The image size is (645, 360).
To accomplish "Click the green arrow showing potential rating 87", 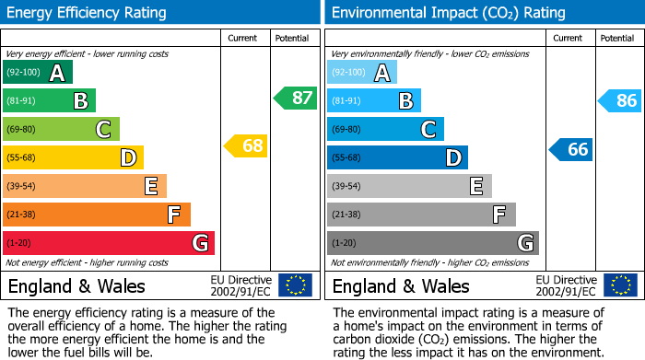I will [x=295, y=98].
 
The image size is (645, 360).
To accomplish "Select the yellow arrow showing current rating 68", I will [x=246, y=145].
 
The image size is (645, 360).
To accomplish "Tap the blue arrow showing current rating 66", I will [x=570, y=149].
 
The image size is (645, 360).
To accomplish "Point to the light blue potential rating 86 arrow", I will [x=619, y=101].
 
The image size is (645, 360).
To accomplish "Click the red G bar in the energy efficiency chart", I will [x=109, y=243].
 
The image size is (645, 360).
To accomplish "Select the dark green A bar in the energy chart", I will [x=37, y=73].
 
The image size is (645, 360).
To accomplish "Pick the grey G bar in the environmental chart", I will [x=432, y=243].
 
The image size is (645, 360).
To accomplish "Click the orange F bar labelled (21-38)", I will [x=97, y=215].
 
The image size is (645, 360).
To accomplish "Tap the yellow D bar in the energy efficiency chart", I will [x=73, y=157].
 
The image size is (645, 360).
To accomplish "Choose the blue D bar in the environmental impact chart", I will [x=397, y=157].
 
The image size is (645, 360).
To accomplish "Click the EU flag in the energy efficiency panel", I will [x=295, y=285].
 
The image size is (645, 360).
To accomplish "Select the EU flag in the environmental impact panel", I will [x=619, y=285].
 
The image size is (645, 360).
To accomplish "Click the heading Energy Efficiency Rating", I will [x=87, y=13].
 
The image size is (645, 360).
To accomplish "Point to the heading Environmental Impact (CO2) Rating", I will [x=448, y=13].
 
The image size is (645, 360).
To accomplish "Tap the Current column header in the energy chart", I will [x=244, y=38].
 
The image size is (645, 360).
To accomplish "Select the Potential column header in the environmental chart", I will [x=617, y=38].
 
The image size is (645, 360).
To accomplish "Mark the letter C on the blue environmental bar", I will [x=428, y=130].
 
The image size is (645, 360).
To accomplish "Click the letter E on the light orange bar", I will [x=150, y=187].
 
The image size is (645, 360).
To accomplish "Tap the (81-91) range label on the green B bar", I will [x=22, y=101].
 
